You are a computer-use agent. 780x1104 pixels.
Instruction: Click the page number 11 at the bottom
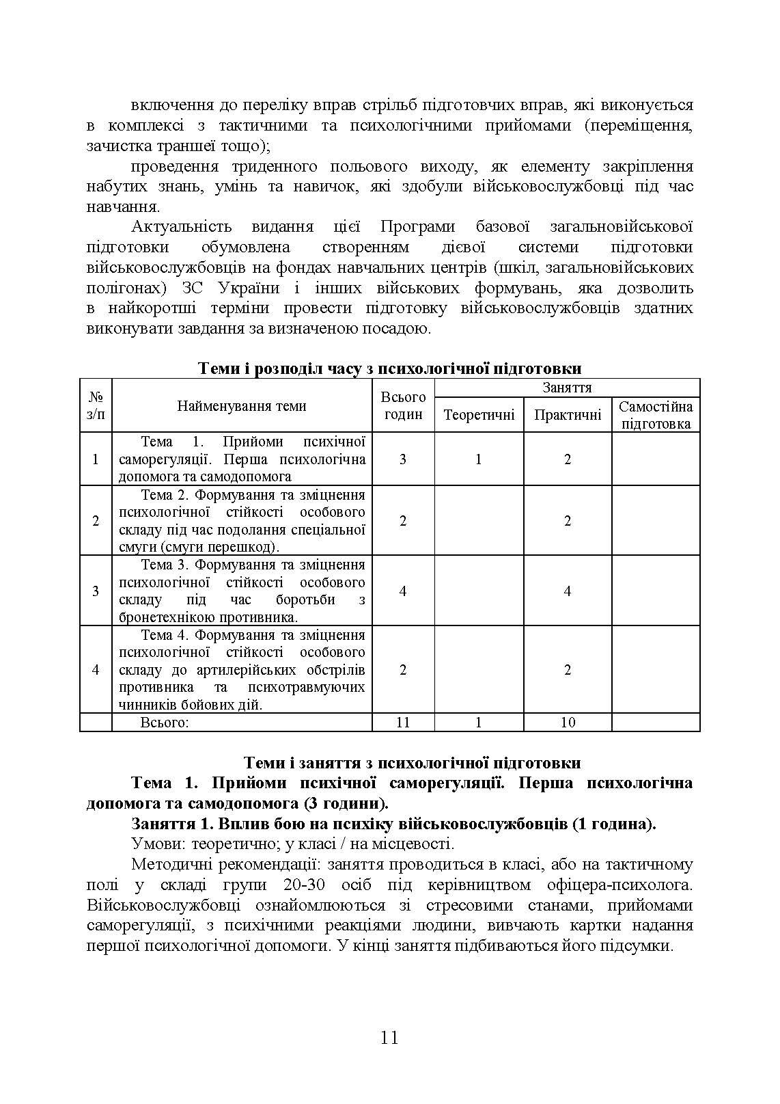pyautogui.click(x=389, y=1038)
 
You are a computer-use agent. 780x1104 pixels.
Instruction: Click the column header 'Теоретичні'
pyautogui.click(x=479, y=415)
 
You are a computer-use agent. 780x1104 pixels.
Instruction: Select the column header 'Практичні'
pyautogui.click(x=568, y=415)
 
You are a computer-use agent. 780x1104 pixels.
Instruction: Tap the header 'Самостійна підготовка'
pyautogui.click(x=656, y=415)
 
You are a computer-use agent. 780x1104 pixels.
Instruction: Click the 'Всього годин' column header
pyautogui.click(x=403, y=405)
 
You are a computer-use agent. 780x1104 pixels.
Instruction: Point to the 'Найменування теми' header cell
pyautogui.click(x=242, y=405)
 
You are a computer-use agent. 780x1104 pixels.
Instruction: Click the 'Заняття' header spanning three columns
pyautogui.click(x=567, y=388)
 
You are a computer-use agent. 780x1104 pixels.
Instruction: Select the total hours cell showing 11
pyautogui.click(x=403, y=722)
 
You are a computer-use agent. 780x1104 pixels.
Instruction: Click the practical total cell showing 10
pyautogui.click(x=568, y=722)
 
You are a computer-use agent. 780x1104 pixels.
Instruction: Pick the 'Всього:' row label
pyautogui.click(x=164, y=722)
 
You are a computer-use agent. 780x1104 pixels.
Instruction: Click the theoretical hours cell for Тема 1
pyautogui.click(x=479, y=459)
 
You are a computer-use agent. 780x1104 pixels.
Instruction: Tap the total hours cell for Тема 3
pyautogui.click(x=403, y=591)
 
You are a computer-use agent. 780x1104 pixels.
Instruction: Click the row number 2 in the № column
pyautogui.click(x=96, y=521)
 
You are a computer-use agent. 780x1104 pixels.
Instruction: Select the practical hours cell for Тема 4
pyautogui.click(x=568, y=670)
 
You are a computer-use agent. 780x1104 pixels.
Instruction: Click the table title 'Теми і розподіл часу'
pyautogui.click(x=389, y=368)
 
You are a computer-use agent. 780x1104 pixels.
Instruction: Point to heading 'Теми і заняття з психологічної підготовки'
pyautogui.click(x=413, y=762)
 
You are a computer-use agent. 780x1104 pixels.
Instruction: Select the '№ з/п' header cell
pyautogui.click(x=96, y=405)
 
